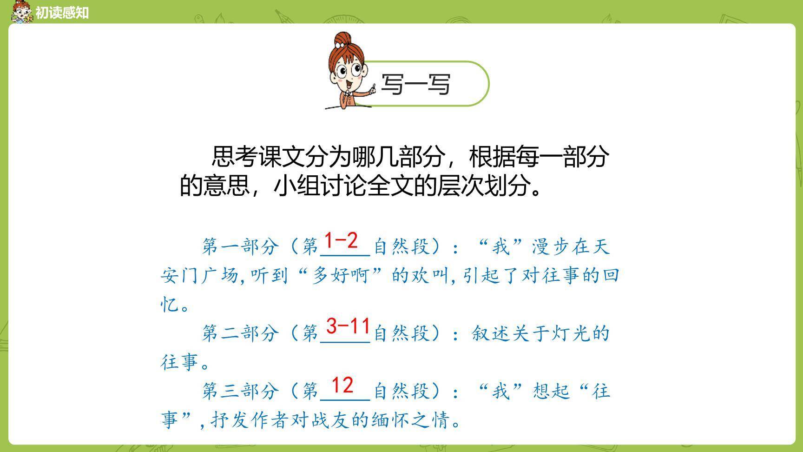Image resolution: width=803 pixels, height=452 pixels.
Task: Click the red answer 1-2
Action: tap(341, 241)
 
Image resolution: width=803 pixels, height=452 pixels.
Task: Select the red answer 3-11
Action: tap(348, 326)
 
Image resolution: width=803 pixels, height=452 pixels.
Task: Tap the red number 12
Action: tap(342, 386)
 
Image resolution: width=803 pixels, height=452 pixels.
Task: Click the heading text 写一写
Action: tap(415, 84)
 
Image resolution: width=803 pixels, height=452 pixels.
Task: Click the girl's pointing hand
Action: tap(372, 88)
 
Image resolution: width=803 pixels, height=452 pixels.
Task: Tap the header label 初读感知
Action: tap(62, 13)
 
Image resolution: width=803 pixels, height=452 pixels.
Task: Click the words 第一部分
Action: tap(240, 246)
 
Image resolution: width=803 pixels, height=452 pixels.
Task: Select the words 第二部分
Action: tap(240, 333)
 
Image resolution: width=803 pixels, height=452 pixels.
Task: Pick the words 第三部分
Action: tap(240, 391)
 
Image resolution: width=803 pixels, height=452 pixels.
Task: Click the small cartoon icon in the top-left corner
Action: tap(21, 12)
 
